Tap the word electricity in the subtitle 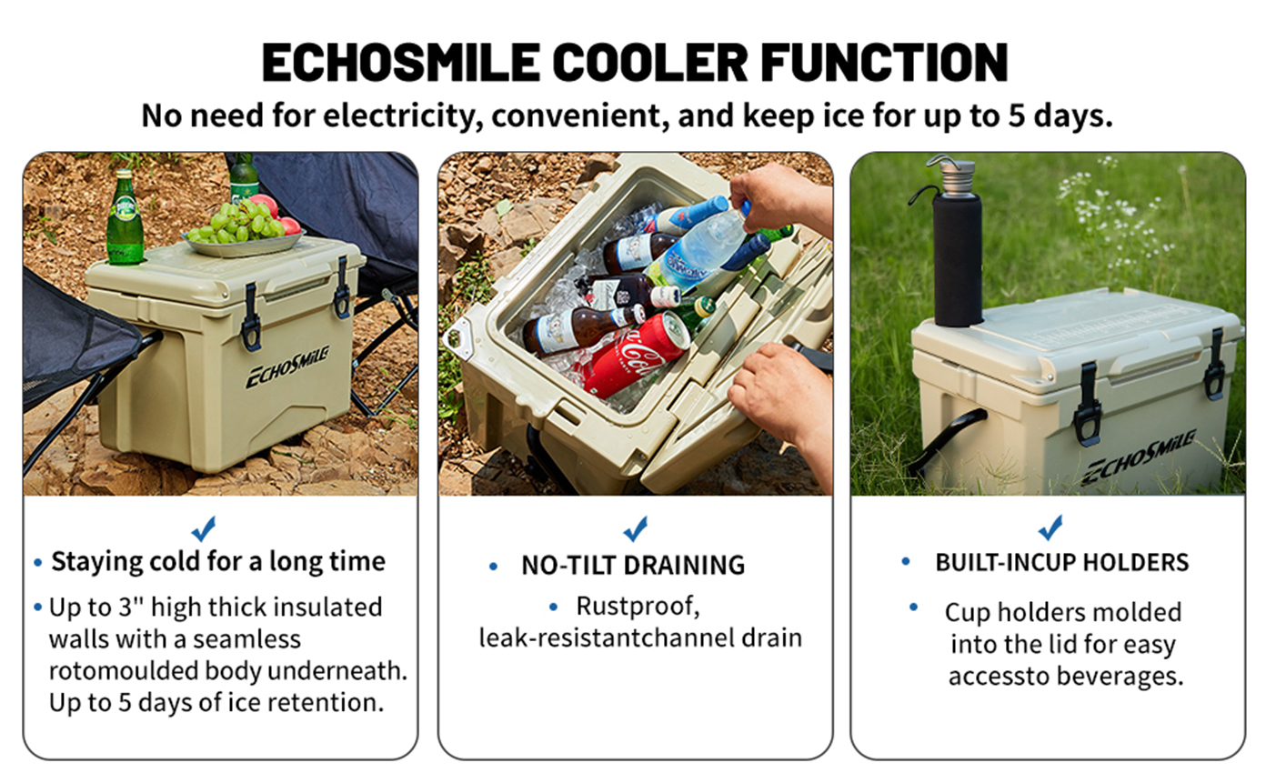pos(401,116)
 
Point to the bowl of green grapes pos(244,230)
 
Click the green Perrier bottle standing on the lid pos(125,217)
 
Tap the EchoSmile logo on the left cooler pos(286,367)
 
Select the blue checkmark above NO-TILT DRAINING pos(635,528)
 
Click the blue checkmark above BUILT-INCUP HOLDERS pos(1050,527)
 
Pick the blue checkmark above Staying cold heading pos(204,528)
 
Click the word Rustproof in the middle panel pos(638,607)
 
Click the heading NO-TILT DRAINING pos(633,566)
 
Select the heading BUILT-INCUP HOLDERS pos(1062,563)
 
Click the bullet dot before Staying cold pos(38,563)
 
